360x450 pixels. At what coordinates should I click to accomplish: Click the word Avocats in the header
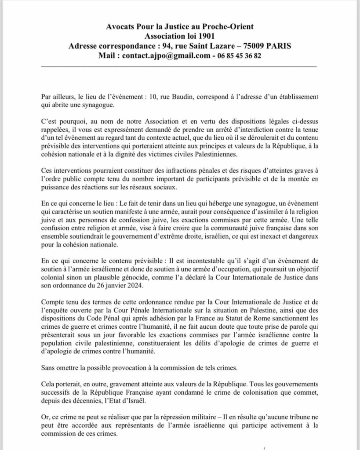point(120,27)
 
